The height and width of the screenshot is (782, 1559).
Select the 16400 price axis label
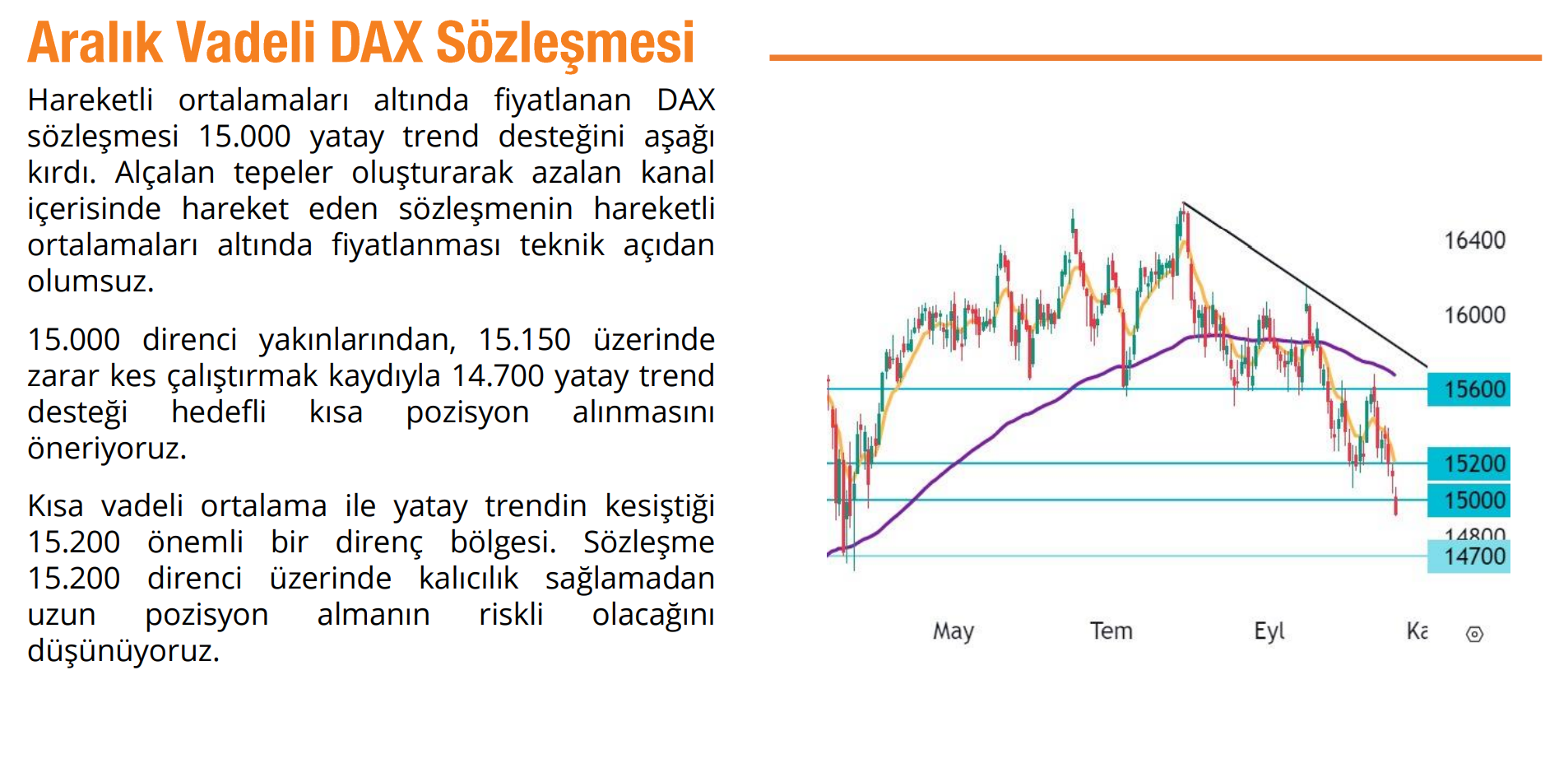(x=1475, y=240)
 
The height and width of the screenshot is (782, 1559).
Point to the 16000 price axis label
(x=1475, y=314)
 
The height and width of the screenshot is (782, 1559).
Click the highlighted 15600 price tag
(x=1469, y=389)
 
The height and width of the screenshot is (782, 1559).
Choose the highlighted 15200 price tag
(x=1469, y=463)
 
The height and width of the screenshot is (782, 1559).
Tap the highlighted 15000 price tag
(x=1469, y=500)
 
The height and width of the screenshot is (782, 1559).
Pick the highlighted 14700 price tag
(x=1469, y=556)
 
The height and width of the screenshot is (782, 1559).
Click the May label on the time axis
(x=953, y=631)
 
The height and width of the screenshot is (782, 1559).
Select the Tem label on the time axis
(x=1111, y=631)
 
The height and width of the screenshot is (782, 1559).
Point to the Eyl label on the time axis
(x=1269, y=631)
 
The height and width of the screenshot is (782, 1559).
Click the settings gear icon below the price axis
(x=1474, y=634)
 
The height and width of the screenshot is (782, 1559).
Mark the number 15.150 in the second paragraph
(x=524, y=339)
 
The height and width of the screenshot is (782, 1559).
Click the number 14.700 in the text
(x=498, y=375)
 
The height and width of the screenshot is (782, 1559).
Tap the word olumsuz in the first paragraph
(x=90, y=282)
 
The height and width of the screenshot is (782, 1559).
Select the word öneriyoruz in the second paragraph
(x=107, y=448)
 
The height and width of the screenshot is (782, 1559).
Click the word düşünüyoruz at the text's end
(x=123, y=650)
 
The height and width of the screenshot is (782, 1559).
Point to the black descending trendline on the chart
(x=1305, y=285)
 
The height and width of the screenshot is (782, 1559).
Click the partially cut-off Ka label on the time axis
(x=1417, y=631)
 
